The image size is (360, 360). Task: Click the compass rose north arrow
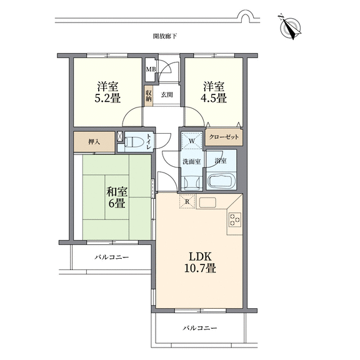291,27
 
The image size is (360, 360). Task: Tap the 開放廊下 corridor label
165,36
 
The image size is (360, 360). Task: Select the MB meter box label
151,69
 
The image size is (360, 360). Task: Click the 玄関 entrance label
167,94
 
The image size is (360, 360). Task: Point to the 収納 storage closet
148,96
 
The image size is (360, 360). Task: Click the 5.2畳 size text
107,99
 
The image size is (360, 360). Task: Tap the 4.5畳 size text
214,99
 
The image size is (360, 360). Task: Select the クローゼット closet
224,137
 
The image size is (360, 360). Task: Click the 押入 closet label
94,142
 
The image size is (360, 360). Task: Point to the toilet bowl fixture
133,141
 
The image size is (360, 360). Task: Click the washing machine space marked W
192,141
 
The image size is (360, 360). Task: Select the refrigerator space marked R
187,201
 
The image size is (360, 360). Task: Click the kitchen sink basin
207,202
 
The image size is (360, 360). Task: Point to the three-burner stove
235,220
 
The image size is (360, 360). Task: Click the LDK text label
200,256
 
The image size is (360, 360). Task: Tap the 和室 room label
116,192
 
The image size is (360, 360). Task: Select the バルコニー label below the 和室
112,257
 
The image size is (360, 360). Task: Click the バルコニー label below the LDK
200,328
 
